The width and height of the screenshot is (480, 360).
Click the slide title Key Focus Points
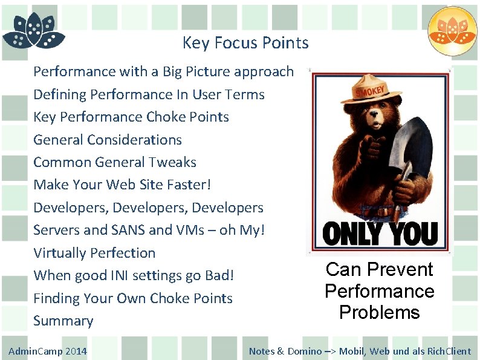[x=245, y=43]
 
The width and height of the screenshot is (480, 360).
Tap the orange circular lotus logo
[x=452, y=31]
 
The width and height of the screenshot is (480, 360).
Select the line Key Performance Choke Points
[x=131, y=117]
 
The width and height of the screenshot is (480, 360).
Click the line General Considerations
[x=107, y=140]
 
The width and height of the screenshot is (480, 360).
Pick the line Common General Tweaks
[x=114, y=162]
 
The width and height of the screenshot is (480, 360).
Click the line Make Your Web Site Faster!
[x=122, y=185]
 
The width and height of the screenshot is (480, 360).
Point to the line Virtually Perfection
[x=94, y=253]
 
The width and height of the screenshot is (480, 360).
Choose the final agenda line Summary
[x=63, y=321]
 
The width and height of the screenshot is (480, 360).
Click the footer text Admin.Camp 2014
[x=48, y=352]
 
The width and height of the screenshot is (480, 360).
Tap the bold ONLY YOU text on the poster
[x=380, y=234]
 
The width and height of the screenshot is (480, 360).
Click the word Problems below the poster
[x=379, y=313]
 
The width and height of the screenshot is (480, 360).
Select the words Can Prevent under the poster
[x=379, y=269]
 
